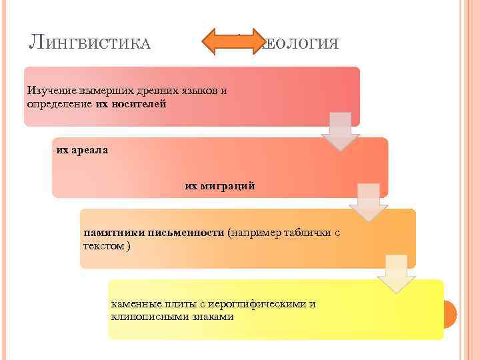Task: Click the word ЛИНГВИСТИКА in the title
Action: point(89,44)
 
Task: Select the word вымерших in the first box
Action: point(104,91)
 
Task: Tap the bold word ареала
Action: point(90,150)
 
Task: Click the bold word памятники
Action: point(109,233)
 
